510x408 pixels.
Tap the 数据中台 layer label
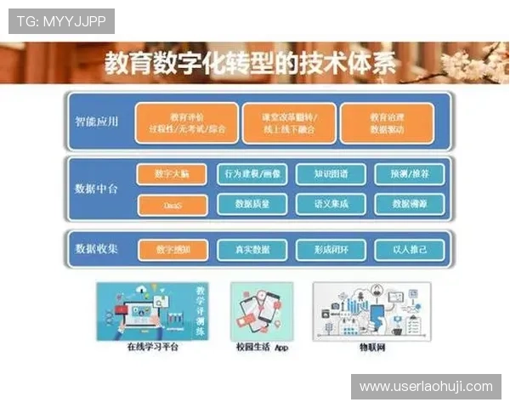tap(96, 189)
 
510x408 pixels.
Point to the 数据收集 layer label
tap(96, 249)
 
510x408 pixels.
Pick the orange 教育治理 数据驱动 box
tap(387, 123)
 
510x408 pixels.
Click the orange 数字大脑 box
tap(172, 174)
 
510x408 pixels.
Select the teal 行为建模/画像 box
tap(252, 174)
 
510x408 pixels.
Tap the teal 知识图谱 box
tap(330, 174)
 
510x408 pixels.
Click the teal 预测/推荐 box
tap(409, 174)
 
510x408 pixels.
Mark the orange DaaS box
tap(172, 204)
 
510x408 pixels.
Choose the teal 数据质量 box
tap(252, 204)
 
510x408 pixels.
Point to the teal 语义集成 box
tap(330, 204)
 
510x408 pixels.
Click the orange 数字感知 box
tap(172, 250)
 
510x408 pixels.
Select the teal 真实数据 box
tap(252, 250)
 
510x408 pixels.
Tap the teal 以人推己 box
tap(409, 250)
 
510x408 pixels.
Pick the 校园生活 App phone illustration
tap(262, 311)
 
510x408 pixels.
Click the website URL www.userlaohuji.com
tap(426, 387)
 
